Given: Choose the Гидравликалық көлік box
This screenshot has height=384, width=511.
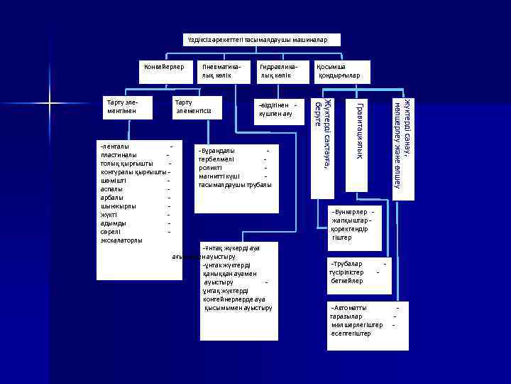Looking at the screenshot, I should click(278, 70).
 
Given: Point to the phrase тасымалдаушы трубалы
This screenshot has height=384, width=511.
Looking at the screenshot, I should click(235, 185).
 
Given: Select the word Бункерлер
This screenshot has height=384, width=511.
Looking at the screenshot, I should click(350, 212).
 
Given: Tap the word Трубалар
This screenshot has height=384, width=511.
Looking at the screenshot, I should click(347, 264).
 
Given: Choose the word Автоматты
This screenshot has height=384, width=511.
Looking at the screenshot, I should click(349, 308).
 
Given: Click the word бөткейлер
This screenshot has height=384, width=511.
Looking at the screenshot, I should click(346, 281).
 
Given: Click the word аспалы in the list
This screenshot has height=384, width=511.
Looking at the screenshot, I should click(112, 189).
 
